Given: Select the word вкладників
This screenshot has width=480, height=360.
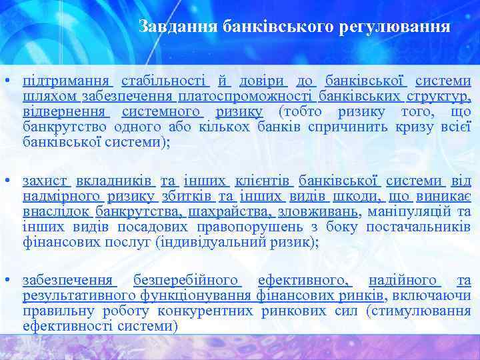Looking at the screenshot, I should tap(115, 181).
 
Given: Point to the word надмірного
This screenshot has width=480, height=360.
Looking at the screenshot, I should tap(63, 196).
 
